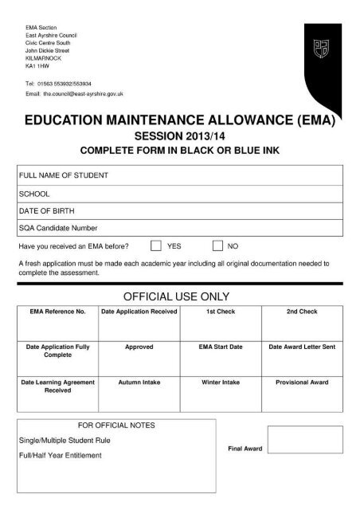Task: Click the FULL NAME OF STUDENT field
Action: [180, 175]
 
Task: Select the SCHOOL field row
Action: [180, 193]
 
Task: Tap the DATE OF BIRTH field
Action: [180, 210]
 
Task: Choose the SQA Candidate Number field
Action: [180, 228]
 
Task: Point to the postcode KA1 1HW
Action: [37, 68]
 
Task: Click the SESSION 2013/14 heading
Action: [179, 136]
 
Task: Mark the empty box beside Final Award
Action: [305, 440]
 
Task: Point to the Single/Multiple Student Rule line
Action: [65, 440]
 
